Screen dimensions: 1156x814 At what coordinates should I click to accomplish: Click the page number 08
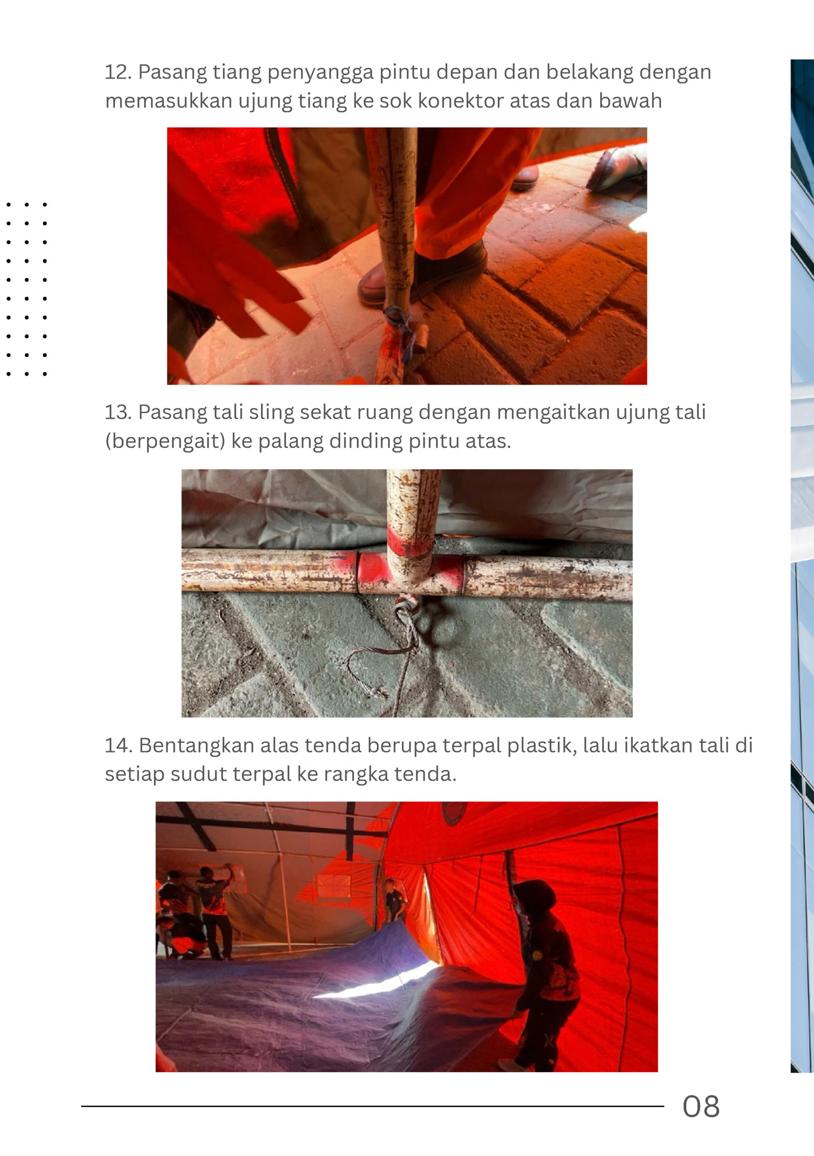click(x=701, y=1106)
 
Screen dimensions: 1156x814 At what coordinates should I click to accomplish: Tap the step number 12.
click(x=117, y=72)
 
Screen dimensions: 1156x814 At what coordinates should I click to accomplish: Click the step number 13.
click(x=117, y=412)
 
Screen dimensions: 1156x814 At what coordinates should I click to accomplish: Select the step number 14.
click(x=118, y=746)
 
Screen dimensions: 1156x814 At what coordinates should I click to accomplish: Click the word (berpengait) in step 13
click(x=165, y=441)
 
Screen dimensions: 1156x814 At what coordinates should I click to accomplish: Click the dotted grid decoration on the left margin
click(x=26, y=289)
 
